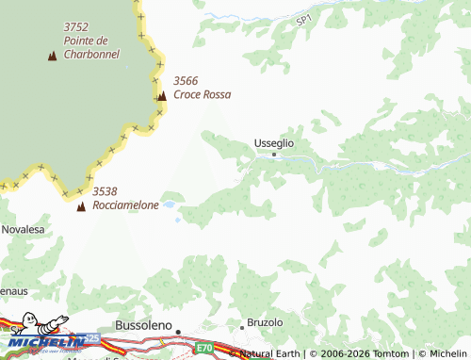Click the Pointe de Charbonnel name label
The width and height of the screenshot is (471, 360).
[91, 47]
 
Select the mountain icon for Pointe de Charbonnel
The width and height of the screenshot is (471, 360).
[51, 56]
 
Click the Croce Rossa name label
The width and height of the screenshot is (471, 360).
[202, 94]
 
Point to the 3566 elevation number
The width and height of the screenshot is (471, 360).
[187, 81]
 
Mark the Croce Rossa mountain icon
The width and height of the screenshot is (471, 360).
[162, 95]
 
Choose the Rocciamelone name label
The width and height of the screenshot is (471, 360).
[125, 205]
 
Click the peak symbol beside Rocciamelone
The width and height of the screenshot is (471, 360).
[80, 205]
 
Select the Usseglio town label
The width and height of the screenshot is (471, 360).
[274, 142]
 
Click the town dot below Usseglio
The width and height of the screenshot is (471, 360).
[274, 154]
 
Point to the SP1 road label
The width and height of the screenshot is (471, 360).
[302, 20]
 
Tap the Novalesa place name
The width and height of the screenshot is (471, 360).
[23, 229]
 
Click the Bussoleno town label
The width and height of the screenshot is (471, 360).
[143, 325]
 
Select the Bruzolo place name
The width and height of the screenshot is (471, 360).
[266, 322]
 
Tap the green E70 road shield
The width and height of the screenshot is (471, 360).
[206, 348]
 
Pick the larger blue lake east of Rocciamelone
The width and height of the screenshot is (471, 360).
[169, 204]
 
